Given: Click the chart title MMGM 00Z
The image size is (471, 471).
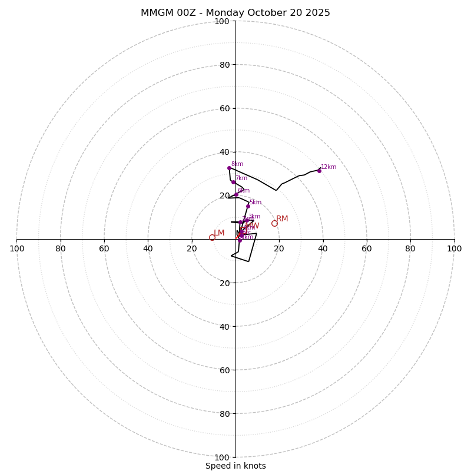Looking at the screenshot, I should tap(235, 13).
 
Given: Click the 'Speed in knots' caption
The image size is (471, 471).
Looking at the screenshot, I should tap(235, 466).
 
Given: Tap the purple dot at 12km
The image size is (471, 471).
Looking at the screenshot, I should tap(319, 171).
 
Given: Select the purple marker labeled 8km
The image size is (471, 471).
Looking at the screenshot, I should tap(229, 168).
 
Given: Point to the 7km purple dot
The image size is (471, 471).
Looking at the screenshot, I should tap(233, 182).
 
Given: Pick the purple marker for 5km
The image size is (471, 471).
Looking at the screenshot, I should tap(248, 206).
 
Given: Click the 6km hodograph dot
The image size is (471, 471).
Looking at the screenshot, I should tap(236, 194).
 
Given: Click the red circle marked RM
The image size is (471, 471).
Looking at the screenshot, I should tap(274, 223).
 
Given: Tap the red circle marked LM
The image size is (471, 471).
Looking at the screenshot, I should tap(212, 237).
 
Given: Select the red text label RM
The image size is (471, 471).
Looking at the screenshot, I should tap(282, 219).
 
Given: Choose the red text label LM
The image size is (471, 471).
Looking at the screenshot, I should tap(219, 233).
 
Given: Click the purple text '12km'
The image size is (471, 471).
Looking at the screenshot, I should tap(329, 167).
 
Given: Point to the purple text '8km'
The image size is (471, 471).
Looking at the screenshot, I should tap(237, 164).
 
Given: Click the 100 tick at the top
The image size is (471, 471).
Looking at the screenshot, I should tap(222, 21).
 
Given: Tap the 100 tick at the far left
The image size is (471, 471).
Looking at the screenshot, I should tap(16, 248).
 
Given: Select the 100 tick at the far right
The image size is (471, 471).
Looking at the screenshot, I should tap(454, 248).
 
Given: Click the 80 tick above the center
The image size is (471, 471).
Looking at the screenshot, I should tap(224, 65).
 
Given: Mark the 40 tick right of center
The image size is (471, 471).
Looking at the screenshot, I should tap(323, 248).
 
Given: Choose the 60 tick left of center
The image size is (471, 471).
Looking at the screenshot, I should tap(104, 248).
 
